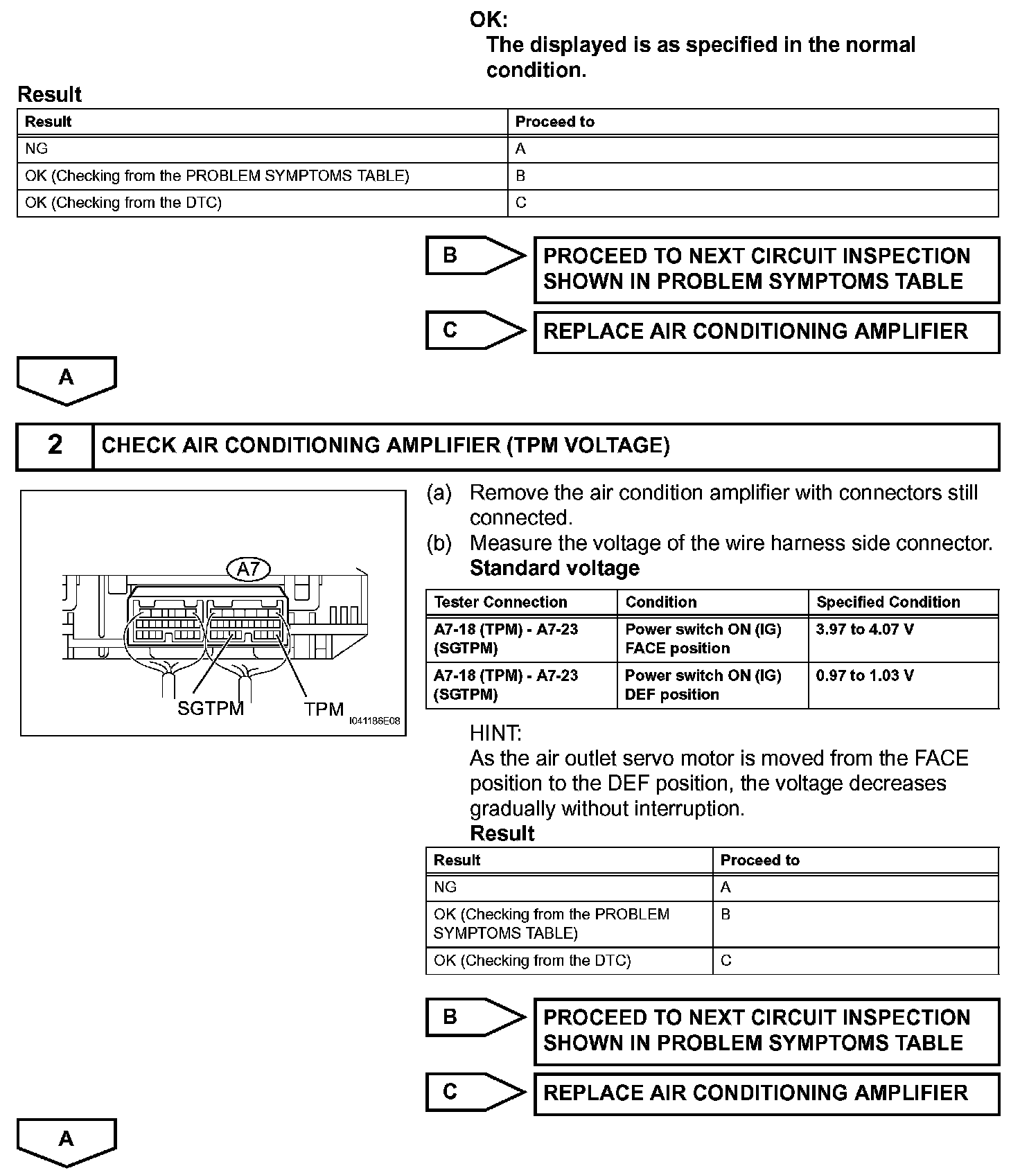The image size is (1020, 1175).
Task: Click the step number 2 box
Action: point(55,445)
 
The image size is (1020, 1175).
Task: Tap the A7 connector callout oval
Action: point(248,569)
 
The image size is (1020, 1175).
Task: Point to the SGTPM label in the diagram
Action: point(211,709)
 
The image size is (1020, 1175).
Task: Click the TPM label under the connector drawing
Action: point(324,709)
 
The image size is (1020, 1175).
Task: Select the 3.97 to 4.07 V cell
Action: point(865,630)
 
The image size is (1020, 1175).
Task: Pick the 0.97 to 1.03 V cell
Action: point(865,675)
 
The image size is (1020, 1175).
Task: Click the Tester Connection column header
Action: point(500,602)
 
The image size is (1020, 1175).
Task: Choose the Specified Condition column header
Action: point(888,602)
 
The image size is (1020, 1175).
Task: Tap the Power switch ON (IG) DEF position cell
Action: point(703,685)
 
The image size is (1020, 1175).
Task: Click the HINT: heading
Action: point(495,733)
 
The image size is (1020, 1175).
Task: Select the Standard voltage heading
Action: point(554,568)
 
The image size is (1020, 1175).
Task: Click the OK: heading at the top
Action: point(489,20)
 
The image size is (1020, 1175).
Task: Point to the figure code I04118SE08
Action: point(375,721)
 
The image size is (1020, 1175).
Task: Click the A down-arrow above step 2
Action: point(67,379)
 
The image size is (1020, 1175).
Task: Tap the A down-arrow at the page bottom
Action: point(67,1140)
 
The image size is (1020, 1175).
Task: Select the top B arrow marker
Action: point(475,256)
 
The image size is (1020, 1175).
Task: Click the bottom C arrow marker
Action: point(475,1093)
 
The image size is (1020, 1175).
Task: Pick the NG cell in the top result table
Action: point(37,149)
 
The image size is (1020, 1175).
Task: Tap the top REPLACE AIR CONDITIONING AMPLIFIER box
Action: point(766,332)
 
